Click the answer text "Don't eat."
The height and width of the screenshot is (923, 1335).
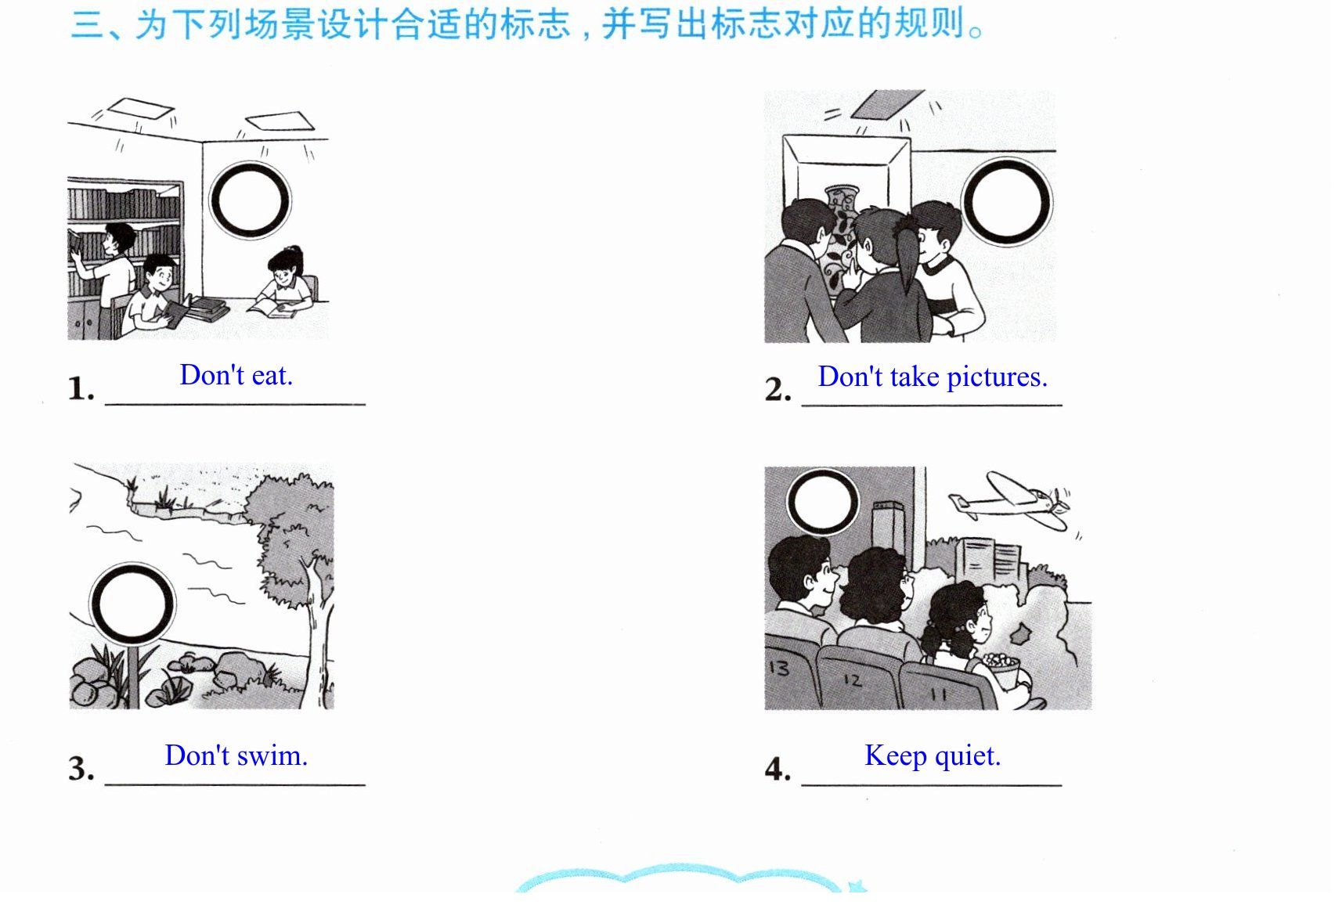236,376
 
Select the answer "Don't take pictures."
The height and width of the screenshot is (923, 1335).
932,377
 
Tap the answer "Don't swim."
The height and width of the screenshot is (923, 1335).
236,755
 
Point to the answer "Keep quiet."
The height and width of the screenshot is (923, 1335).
932,756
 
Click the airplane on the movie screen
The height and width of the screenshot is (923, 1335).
1009,499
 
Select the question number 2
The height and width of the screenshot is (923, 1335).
778,390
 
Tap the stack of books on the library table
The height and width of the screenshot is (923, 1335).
206,307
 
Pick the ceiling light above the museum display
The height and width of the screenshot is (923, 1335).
887,104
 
